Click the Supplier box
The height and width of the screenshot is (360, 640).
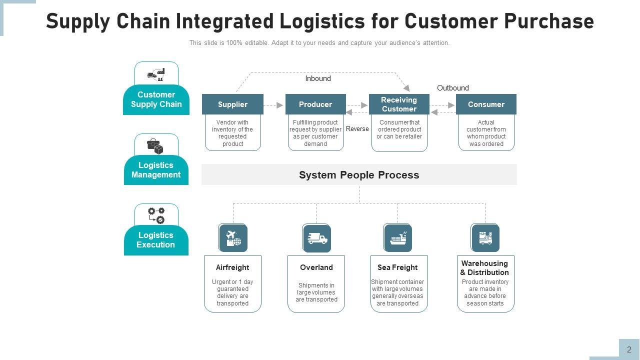[x=232, y=104]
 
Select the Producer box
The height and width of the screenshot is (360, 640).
[x=315, y=104]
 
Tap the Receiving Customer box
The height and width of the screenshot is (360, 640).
[x=399, y=104]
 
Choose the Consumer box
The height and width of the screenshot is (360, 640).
[x=486, y=104]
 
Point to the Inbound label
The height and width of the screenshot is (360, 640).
[x=318, y=78]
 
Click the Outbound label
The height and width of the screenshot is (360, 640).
[x=453, y=88]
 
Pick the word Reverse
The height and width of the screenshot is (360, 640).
[x=357, y=129]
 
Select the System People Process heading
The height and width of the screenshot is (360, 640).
[x=359, y=175]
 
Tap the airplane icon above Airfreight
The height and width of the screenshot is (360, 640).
[x=233, y=237]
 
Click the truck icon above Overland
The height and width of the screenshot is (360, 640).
[x=317, y=238]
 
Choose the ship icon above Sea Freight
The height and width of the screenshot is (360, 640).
[x=398, y=237]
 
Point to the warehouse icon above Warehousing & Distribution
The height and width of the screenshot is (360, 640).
[x=485, y=237]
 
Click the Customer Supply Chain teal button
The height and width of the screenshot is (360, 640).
[x=156, y=99]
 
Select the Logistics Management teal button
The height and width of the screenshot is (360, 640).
[x=156, y=170]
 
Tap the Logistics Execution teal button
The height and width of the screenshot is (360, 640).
[x=156, y=240]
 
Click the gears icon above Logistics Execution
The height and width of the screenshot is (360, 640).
[x=156, y=215]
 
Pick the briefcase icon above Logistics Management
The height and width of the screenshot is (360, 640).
[x=155, y=146]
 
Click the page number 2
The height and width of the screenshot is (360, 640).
[x=629, y=350]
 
